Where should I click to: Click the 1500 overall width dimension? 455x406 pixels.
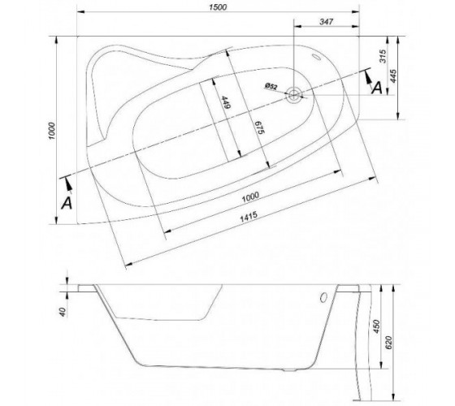[218, 7]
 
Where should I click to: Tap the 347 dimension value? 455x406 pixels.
[327, 21]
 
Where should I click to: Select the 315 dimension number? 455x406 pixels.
[383, 56]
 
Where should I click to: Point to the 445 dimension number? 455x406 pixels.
[393, 76]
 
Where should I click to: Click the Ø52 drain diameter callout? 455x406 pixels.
[271, 86]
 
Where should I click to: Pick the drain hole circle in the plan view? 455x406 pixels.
[294, 94]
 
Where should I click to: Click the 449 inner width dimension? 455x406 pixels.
[226, 102]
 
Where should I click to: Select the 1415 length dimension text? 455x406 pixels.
[249, 216]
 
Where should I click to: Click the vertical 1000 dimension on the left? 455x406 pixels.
[52, 131]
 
